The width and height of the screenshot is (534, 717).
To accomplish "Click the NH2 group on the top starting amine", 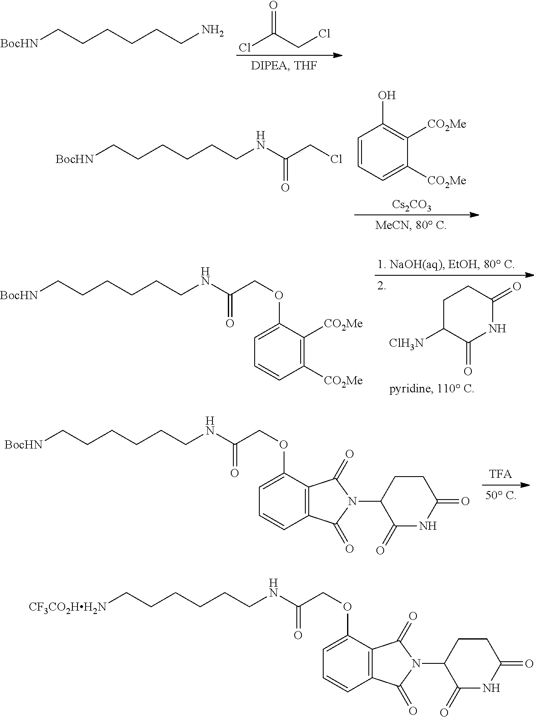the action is (x=212, y=31).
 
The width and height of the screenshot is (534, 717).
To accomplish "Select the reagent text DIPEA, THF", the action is (x=284, y=66).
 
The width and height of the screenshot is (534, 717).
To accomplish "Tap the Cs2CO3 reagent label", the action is (x=411, y=206).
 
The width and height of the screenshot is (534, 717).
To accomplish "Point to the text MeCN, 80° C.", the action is (x=411, y=225).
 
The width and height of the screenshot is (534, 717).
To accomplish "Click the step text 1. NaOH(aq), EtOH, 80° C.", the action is (x=445, y=265).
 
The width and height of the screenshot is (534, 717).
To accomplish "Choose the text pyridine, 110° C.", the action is (x=431, y=388).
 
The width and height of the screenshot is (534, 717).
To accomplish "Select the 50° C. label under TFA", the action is (x=500, y=495).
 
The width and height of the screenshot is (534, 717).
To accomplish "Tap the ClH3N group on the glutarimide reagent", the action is (x=406, y=343).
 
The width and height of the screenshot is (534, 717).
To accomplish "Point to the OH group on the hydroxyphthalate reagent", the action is (x=387, y=95).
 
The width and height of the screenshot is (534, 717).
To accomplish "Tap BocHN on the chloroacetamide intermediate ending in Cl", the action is (x=74, y=159).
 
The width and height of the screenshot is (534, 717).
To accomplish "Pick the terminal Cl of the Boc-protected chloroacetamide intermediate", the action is (x=336, y=159).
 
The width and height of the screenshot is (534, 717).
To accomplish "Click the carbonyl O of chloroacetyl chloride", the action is (x=274, y=6).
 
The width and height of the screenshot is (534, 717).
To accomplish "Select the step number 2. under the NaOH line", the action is (x=382, y=286).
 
